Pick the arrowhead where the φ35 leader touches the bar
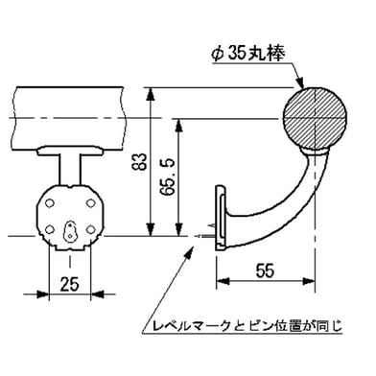(x=305, y=89)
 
